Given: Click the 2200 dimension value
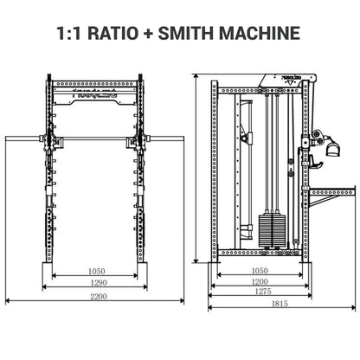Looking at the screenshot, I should [x=97, y=297].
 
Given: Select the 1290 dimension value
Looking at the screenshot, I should [x=97, y=282].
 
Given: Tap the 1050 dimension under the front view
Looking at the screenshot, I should [x=97, y=271].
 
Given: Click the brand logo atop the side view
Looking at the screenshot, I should [x=281, y=78].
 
